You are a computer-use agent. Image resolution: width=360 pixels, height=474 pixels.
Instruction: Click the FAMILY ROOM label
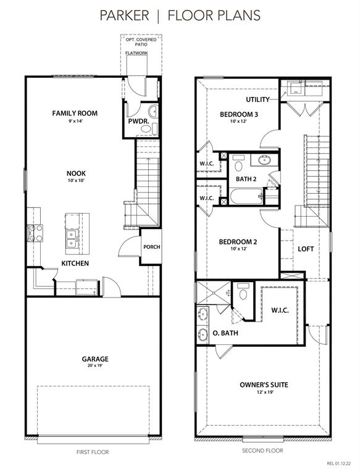75,114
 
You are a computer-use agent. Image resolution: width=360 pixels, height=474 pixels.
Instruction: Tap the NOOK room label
76,173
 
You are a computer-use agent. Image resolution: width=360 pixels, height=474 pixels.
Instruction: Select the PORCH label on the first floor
151,247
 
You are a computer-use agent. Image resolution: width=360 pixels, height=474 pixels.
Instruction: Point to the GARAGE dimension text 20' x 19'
95,365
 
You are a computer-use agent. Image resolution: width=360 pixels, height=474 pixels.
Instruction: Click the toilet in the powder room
146,129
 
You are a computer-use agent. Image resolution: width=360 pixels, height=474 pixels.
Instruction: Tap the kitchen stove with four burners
35,233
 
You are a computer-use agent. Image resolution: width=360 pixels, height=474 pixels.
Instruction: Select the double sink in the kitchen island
72,238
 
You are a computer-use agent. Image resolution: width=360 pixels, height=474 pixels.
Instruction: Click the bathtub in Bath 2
246,196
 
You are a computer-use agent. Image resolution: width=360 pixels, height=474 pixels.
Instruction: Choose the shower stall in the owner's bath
214,293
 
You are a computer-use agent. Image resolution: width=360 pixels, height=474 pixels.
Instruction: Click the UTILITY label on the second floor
257,99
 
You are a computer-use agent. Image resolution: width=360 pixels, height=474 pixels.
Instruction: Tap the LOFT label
306,249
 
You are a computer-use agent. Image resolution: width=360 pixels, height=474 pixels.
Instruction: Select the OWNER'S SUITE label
264,385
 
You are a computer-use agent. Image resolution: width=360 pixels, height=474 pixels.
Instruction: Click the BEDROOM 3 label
239,115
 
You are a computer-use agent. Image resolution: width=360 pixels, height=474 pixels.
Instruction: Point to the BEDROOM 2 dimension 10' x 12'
238,249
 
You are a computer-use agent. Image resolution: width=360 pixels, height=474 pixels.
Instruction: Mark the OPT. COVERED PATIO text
141,42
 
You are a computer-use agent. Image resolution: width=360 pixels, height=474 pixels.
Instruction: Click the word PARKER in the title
124,15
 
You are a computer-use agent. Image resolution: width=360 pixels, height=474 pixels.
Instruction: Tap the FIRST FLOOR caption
93,452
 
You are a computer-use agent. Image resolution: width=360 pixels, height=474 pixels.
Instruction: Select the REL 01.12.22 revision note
339,463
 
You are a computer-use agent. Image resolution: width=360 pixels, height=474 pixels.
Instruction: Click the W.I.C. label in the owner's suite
280,310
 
